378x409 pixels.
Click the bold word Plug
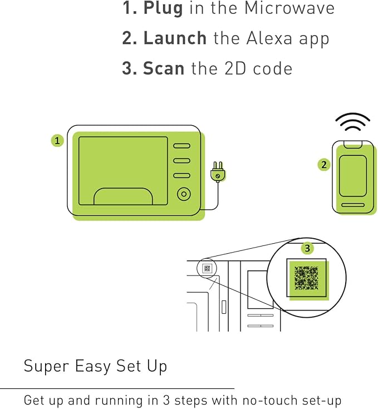[x=163, y=9]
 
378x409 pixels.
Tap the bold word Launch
[x=175, y=38]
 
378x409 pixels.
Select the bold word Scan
[x=164, y=68]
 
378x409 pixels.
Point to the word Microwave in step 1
[x=289, y=8]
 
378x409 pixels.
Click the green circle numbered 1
[x=57, y=141]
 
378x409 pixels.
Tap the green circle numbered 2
[x=324, y=165]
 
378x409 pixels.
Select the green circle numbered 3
[x=307, y=248]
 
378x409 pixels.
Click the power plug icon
[x=218, y=172]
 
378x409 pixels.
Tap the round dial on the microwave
[x=184, y=194]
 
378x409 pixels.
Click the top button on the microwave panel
[x=181, y=146]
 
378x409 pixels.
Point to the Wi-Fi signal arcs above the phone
[x=353, y=121]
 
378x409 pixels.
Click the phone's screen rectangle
[x=353, y=176]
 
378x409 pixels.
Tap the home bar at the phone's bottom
[x=353, y=205]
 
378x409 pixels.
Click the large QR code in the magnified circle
[x=306, y=278]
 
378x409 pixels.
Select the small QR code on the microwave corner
[x=208, y=268]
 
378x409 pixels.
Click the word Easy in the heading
[x=93, y=367]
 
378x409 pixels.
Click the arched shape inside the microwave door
[x=123, y=196]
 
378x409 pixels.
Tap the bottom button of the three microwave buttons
[x=181, y=175]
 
